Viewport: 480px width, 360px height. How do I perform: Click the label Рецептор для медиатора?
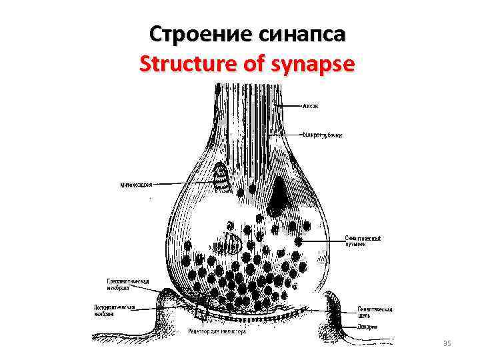(217, 331)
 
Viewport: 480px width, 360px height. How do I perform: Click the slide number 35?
(447, 343)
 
